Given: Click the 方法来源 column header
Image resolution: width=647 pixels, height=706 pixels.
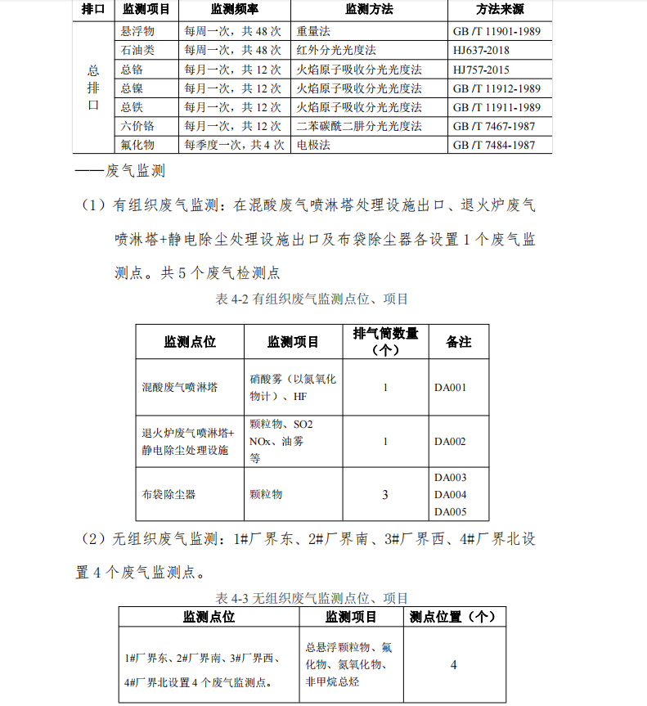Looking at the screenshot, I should (499, 10).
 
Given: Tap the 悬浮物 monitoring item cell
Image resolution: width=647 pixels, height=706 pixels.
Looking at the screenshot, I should (137, 31).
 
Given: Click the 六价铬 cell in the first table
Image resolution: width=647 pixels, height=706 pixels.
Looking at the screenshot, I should (137, 126).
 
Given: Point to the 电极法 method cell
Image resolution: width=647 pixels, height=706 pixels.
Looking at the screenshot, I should (313, 145).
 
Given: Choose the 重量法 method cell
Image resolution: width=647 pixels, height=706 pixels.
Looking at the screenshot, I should (313, 31).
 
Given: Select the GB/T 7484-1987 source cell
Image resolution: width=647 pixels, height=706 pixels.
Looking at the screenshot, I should (494, 145).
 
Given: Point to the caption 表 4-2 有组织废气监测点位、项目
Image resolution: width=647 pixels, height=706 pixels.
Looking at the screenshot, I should (312, 299).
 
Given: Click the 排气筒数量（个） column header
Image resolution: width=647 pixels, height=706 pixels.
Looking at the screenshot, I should (384, 341).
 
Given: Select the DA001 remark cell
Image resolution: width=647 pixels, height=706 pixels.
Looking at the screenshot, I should (450, 387).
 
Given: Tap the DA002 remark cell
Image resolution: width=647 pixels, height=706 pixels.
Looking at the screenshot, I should (450, 442).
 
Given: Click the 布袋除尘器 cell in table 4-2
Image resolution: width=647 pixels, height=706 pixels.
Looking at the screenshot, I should (168, 494).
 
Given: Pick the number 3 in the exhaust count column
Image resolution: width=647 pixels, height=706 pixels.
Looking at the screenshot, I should (385, 494).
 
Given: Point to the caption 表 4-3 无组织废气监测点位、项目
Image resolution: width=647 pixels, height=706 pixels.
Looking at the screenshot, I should (312, 598).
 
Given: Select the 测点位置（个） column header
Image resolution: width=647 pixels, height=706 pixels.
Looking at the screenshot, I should (452, 617).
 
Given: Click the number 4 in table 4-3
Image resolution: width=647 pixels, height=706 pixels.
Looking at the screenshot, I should (453, 664).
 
